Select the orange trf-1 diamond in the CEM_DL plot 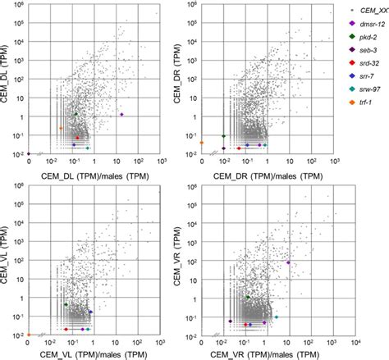click(x=61, y=129)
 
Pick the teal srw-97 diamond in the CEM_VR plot click(x=276, y=317)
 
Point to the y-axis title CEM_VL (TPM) click(x=11, y=259)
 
